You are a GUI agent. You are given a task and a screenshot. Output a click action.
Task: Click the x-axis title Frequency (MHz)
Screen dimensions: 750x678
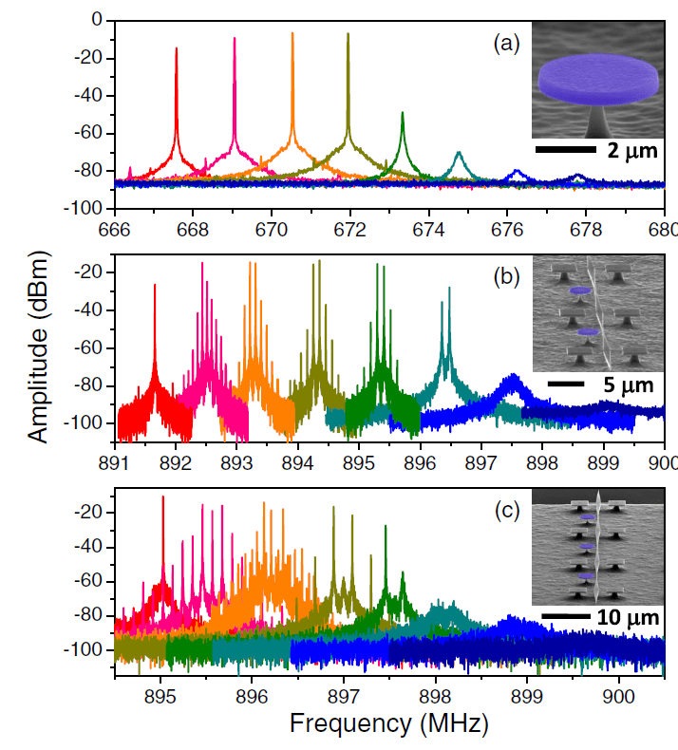pyautogui.click(x=388, y=725)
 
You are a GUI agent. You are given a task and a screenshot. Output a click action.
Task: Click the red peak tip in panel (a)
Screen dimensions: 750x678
pyautogui.click(x=177, y=48)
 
